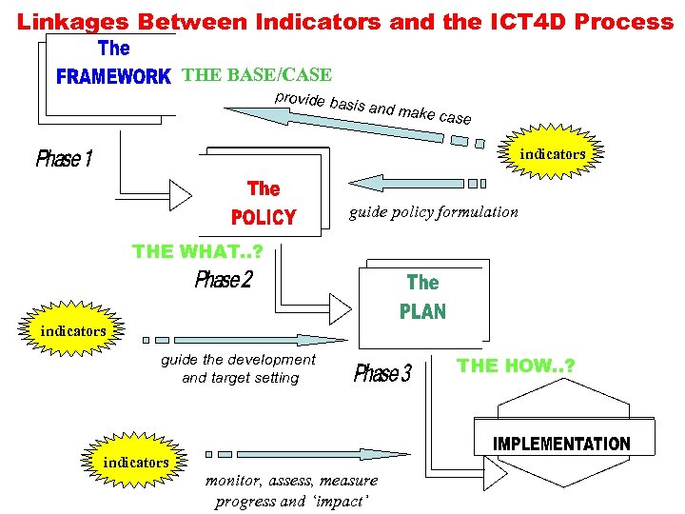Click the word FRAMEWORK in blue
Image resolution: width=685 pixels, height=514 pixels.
[x=113, y=77]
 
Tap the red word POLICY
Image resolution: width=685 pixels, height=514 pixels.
[x=264, y=218]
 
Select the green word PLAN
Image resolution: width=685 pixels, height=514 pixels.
[x=422, y=311]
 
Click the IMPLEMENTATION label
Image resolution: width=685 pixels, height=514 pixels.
[x=561, y=444]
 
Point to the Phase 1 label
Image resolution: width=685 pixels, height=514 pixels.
[x=64, y=158]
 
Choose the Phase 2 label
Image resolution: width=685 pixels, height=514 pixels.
[x=224, y=280]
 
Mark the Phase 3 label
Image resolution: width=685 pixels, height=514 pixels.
[x=382, y=373]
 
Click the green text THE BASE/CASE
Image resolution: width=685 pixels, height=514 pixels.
[x=257, y=75]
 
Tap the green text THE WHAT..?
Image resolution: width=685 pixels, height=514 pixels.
[x=198, y=251]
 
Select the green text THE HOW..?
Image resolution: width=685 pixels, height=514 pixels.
[x=516, y=366]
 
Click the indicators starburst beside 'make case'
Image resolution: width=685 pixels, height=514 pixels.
[x=553, y=153]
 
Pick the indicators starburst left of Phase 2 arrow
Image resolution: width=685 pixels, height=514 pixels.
[x=72, y=330]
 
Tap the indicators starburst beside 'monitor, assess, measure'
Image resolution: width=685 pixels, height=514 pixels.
[x=136, y=462]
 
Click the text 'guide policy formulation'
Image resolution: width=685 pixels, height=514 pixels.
[x=434, y=211]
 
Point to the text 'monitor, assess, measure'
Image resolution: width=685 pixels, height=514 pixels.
[x=291, y=481]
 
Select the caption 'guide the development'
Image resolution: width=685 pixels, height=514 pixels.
[x=238, y=360]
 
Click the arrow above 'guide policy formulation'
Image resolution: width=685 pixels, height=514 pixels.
[x=419, y=183]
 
